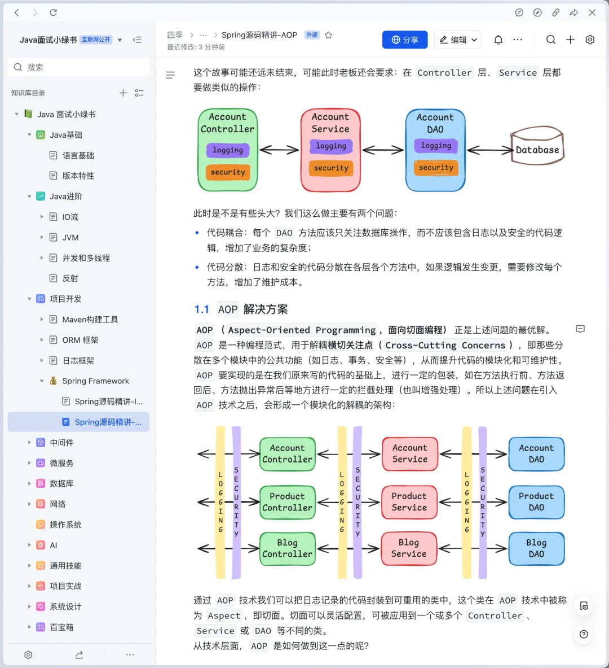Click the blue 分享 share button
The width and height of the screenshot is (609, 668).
405,40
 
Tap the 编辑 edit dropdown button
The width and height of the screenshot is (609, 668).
458,40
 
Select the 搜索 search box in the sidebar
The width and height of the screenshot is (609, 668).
79,67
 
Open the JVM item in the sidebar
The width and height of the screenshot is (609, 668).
70,238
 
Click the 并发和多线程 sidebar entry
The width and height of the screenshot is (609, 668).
86,258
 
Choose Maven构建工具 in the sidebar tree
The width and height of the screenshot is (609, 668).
90,320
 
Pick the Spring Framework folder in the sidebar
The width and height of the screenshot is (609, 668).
95,381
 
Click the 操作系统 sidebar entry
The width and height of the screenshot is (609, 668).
65,525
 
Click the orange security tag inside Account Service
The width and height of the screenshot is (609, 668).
331,168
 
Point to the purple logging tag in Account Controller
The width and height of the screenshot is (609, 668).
228,150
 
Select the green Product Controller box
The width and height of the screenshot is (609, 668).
287,502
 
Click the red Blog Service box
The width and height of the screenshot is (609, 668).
409,548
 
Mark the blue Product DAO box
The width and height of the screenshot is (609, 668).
536,502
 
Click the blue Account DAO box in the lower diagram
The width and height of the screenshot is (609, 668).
536,454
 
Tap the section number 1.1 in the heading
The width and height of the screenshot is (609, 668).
201,309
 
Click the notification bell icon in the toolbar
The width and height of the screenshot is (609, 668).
498,40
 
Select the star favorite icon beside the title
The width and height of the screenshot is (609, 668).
328,35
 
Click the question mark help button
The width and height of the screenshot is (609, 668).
584,634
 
